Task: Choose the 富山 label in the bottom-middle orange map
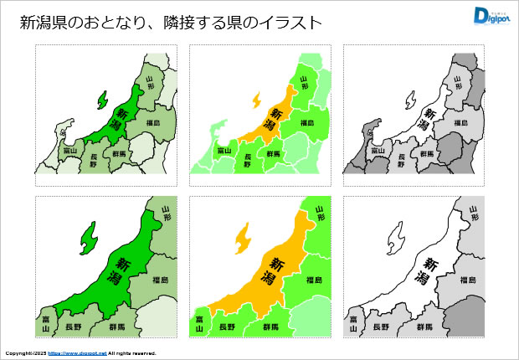click(x=199, y=323)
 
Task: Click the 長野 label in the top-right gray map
click(x=403, y=159)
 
